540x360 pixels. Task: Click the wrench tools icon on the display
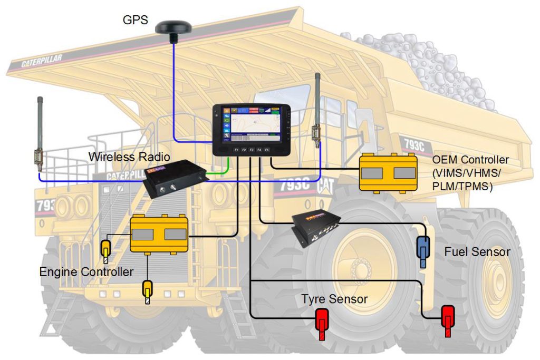pyautogui.click(x=227, y=136)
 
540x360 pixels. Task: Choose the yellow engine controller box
pyautogui.click(x=159, y=233)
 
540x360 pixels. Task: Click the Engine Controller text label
pyautogui.click(x=86, y=272)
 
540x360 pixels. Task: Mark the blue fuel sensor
pyautogui.click(x=423, y=250)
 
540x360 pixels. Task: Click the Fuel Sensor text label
pyautogui.click(x=477, y=252)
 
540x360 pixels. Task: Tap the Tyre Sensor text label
pyautogui.click(x=334, y=299)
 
